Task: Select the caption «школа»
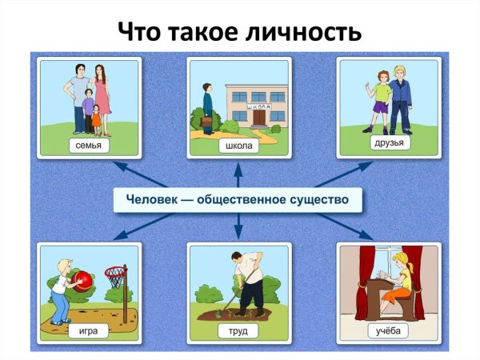(238, 146)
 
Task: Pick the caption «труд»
(238, 330)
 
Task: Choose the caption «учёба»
(388, 330)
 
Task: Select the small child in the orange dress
(97, 117)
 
